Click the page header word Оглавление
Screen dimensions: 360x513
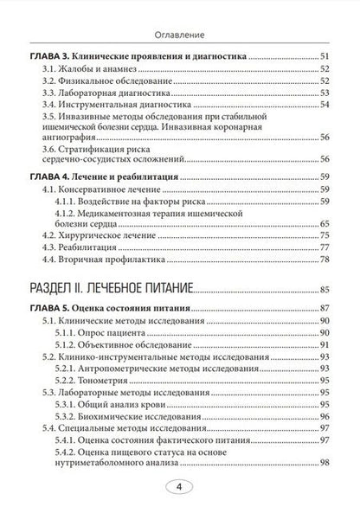[179, 12]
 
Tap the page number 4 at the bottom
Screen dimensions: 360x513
[179, 487]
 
